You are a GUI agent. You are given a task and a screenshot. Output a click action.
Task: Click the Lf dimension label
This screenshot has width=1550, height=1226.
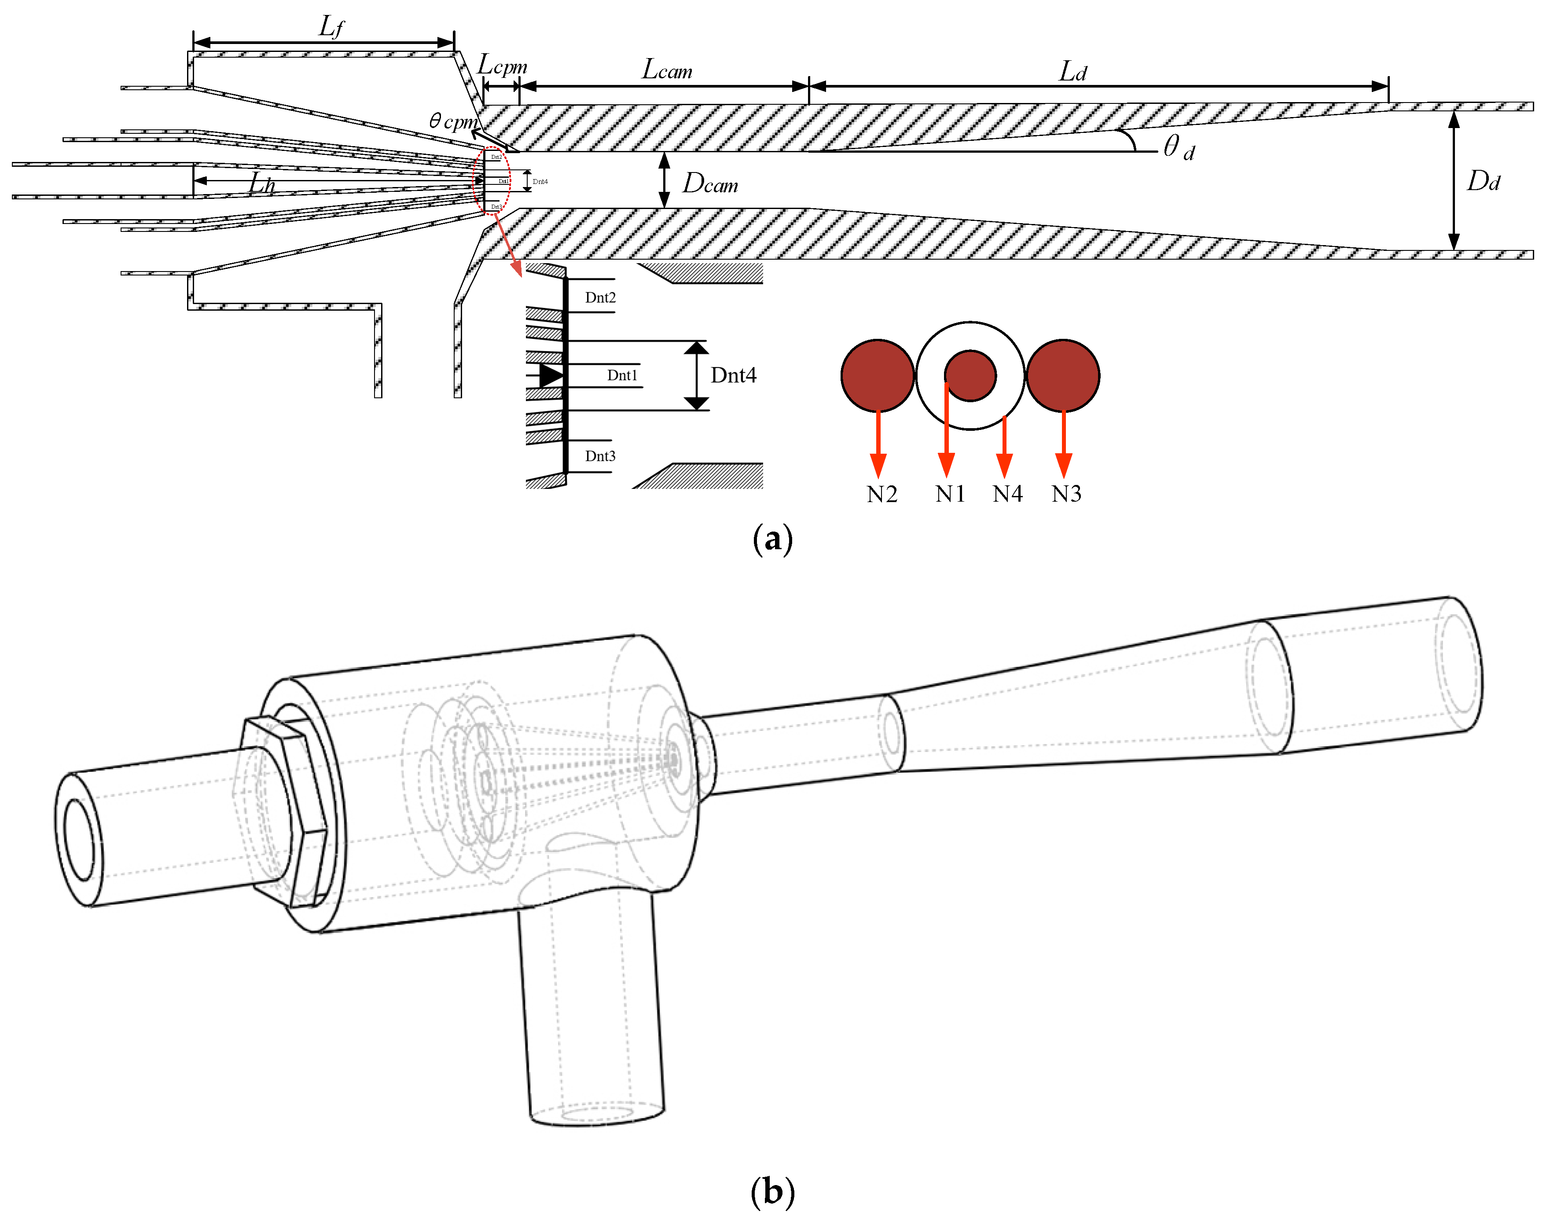tap(331, 27)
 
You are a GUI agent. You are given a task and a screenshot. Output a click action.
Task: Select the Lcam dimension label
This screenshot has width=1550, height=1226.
tap(667, 70)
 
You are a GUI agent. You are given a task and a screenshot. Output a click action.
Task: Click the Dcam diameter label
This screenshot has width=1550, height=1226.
tap(709, 184)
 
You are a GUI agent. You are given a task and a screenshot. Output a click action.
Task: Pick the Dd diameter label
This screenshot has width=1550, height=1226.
tap(1483, 181)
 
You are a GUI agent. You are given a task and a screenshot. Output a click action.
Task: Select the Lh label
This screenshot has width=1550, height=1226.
tap(261, 184)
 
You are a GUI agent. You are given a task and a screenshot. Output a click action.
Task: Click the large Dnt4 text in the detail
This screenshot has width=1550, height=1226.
tap(733, 375)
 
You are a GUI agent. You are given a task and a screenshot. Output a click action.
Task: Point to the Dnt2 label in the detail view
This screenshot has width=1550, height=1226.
tap(600, 297)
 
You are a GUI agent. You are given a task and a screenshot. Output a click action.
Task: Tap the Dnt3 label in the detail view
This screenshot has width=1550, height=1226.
tap(600, 456)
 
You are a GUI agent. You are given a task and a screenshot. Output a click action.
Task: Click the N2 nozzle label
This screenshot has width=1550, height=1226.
tap(882, 494)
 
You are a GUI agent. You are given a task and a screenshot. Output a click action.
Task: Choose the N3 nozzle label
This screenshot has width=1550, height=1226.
tap(1066, 494)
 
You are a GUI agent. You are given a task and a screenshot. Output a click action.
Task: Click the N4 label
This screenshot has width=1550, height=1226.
tap(1007, 494)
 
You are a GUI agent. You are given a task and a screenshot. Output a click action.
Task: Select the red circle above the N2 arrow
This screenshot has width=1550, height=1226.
tap(877, 375)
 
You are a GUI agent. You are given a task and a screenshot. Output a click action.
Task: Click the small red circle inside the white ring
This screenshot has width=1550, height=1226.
tap(970, 375)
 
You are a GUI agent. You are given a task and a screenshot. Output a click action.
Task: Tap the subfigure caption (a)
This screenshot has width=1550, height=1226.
tap(772, 538)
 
